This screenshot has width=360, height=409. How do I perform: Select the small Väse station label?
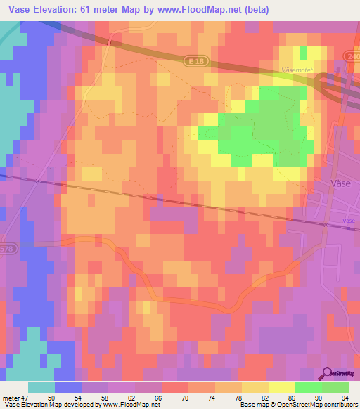coord(348,220)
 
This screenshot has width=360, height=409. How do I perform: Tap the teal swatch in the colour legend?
coord(41,387)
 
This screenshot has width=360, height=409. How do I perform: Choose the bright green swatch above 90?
coord(308,387)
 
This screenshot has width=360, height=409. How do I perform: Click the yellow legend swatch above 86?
coord(281,387)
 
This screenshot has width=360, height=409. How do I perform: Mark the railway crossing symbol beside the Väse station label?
coord(326,224)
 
